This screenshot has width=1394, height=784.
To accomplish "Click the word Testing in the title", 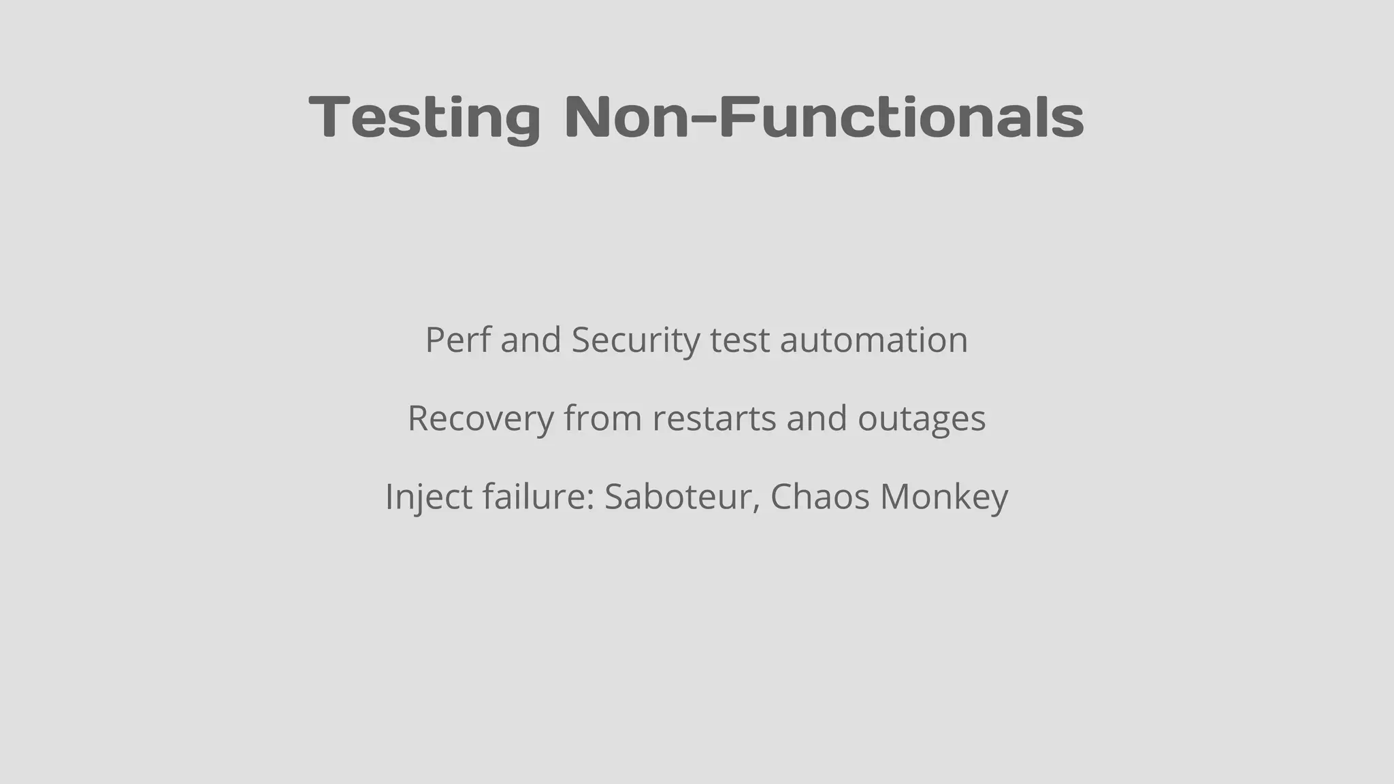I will tap(425, 117).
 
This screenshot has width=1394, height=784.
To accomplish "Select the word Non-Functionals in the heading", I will tap(824, 117).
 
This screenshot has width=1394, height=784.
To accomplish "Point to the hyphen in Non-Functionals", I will tap(704, 120).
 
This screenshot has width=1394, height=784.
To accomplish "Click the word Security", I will tap(635, 340).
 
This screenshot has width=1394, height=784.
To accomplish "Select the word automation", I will tap(873, 340).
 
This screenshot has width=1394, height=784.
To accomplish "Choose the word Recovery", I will tap(481, 418).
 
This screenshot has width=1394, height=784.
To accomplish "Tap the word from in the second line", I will tap(602, 418).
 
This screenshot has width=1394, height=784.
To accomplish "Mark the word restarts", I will tap(714, 418).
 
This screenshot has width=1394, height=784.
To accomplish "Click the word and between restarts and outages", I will tap(817, 418).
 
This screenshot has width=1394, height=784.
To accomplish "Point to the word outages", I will tap(921, 419).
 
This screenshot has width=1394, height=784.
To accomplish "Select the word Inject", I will tap(428, 496).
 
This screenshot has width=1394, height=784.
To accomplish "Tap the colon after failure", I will tap(591, 500).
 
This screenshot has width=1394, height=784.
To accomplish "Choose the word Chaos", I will tap(820, 496).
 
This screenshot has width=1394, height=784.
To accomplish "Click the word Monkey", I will tap(944, 496).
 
